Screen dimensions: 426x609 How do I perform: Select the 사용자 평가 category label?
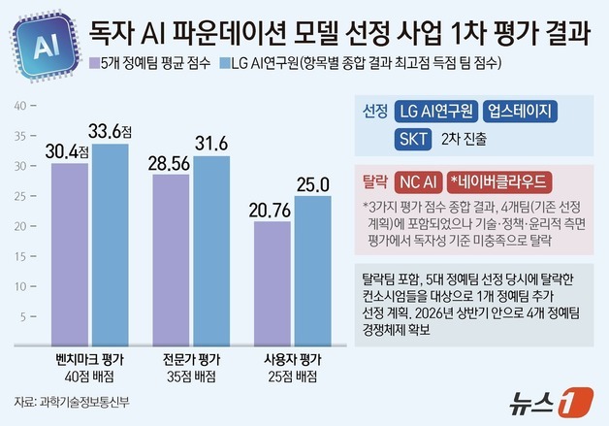(292, 359)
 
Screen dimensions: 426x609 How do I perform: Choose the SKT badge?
(413, 138)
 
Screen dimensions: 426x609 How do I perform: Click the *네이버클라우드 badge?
(494, 181)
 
